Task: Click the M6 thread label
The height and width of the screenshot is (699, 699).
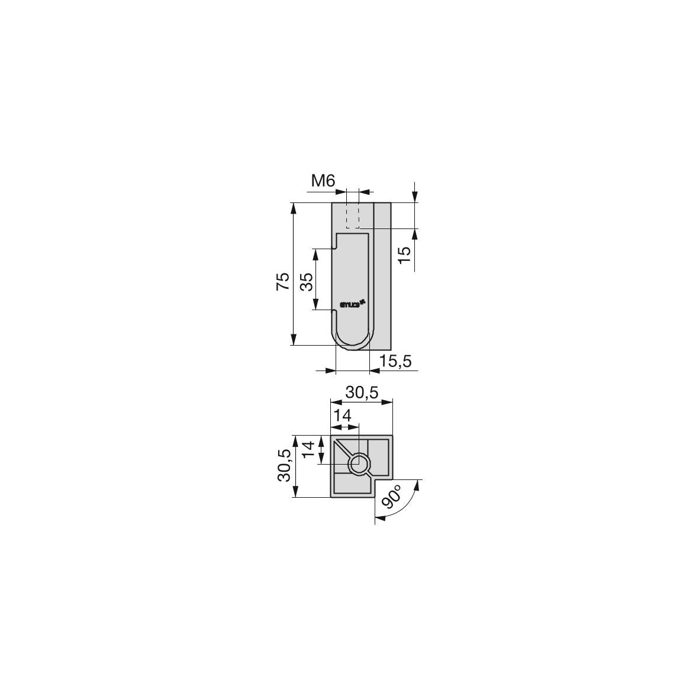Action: coord(323,181)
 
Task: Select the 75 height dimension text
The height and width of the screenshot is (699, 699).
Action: coord(284,281)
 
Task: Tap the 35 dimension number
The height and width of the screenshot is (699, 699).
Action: coord(307,282)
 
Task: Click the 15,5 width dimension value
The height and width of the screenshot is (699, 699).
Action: coord(395,361)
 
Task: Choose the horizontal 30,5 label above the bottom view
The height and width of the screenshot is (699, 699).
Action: coord(362,392)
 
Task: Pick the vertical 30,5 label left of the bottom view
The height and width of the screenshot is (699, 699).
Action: coord(285,465)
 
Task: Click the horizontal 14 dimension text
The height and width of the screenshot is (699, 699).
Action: coord(343,415)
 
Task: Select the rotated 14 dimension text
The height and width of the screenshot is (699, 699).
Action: coord(309,449)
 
